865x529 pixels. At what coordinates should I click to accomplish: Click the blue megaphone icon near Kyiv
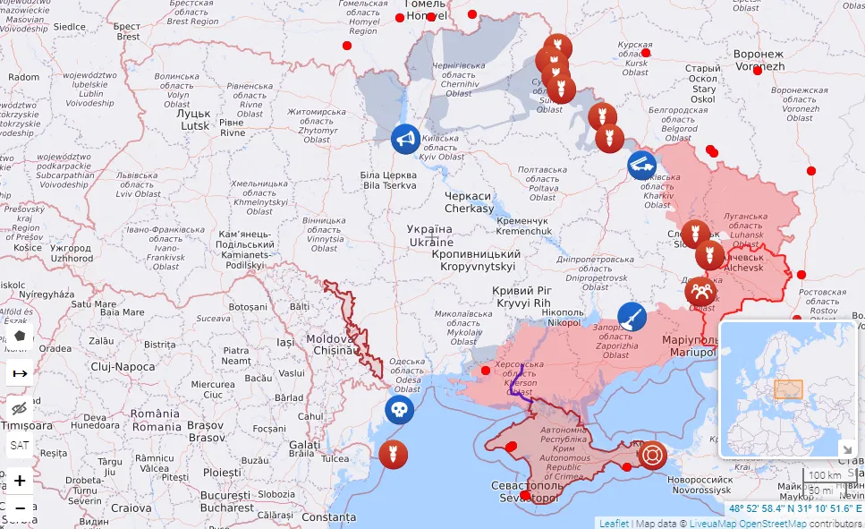(x=405, y=139)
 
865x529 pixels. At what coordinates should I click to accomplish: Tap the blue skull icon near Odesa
(x=399, y=411)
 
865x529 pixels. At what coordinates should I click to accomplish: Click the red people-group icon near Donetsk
(x=700, y=291)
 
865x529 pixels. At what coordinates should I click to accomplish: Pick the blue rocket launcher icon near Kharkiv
(x=641, y=165)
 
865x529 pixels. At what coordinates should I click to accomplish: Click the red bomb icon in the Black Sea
(x=392, y=454)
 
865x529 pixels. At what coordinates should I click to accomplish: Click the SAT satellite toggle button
(x=20, y=445)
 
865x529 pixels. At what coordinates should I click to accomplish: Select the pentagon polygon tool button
(x=20, y=337)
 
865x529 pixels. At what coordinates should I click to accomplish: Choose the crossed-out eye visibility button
(x=20, y=409)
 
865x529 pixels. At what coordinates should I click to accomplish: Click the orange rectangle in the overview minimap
(x=788, y=389)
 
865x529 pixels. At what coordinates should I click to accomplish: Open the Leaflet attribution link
(x=614, y=523)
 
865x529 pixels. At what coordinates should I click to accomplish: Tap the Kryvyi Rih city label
(x=522, y=297)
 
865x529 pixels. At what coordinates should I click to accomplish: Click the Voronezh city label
(x=759, y=61)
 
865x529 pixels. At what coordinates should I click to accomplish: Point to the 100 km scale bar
(x=824, y=475)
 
